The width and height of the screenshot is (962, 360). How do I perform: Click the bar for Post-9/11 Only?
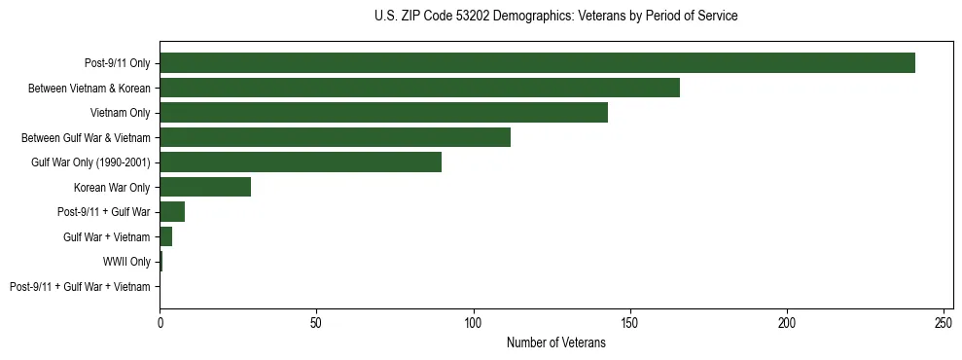coord(537,63)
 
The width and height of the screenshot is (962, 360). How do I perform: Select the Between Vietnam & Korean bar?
coord(419,88)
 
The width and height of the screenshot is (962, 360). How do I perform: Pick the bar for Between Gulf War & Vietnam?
coord(335,137)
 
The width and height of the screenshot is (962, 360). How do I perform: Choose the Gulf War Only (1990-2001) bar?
coord(301,162)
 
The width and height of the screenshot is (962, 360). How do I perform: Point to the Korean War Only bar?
coord(205,187)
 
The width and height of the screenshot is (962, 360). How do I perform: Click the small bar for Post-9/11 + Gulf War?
coord(172,212)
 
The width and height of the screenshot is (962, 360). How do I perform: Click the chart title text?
coord(555,17)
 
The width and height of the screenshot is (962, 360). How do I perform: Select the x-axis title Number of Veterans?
coord(555,343)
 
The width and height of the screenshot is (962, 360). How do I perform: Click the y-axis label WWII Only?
coord(126,262)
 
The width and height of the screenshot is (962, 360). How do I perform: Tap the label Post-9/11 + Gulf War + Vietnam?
coord(80,287)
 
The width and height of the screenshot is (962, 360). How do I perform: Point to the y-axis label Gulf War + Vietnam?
coord(106,237)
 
